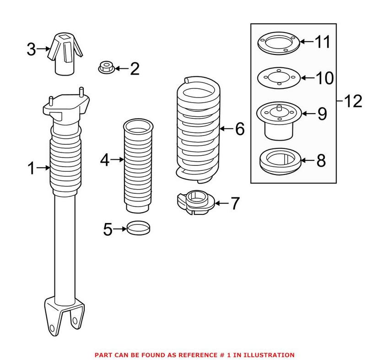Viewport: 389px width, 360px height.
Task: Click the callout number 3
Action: pos(31,49)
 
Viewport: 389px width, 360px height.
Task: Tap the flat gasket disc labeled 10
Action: pos(278,78)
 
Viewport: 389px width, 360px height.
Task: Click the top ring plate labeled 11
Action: pos(278,45)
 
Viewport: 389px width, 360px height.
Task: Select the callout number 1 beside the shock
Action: pos(30,169)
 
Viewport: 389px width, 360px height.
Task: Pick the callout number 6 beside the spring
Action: pos(240,129)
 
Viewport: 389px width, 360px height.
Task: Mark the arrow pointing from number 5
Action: pos(119,228)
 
